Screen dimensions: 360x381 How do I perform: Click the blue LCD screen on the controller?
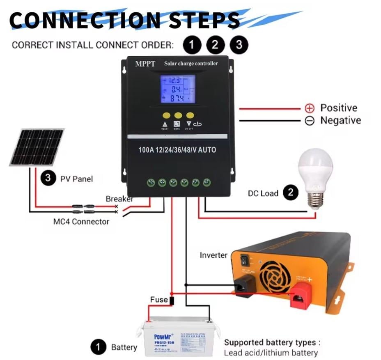tap(177, 89)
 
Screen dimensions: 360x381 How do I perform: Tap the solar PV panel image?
tap(37, 147)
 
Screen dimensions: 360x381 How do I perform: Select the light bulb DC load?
tap(315, 177)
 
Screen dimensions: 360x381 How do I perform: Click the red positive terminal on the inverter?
tap(302, 296)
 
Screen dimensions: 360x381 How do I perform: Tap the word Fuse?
tap(158, 300)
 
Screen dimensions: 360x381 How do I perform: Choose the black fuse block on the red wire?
tap(172, 301)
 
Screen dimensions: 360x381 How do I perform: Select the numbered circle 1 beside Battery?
tap(98, 347)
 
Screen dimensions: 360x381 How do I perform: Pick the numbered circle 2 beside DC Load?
tap(291, 193)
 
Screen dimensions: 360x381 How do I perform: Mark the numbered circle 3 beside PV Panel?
tap(48, 179)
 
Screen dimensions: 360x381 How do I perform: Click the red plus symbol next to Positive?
tap(310, 108)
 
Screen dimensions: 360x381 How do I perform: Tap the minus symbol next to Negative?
tap(310, 121)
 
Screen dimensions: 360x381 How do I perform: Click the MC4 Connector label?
tap(81, 222)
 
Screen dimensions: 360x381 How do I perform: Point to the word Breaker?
tap(119, 199)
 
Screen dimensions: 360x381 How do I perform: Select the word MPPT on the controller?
tap(145, 64)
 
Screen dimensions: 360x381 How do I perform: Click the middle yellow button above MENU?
tap(178, 116)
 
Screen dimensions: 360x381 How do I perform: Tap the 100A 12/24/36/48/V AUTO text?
tap(177, 150)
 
